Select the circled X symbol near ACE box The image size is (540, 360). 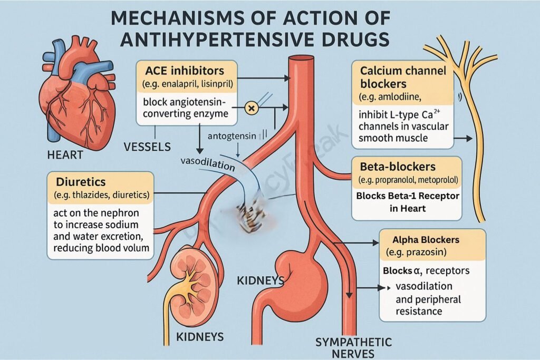point(252,109)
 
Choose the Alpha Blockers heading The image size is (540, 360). point(426,239)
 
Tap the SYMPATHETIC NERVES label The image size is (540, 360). point(353,347)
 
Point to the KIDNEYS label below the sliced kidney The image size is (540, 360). point(199,336)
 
